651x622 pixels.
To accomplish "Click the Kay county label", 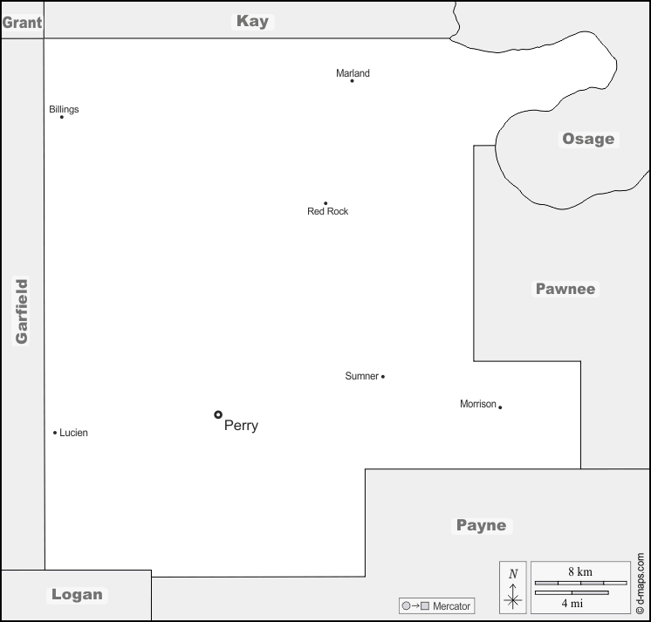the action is point(252,21).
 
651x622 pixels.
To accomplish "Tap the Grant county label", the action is point(22,23).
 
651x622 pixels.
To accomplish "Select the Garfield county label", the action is point(22,311).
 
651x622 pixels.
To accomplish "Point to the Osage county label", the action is point(588,139).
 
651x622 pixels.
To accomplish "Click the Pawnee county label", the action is point(565,289).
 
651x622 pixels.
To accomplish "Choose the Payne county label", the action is point(481,526).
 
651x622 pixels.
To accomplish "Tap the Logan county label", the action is point(77,595).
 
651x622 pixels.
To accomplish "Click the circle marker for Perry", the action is point(218,414).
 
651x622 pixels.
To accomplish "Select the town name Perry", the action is point(241,426).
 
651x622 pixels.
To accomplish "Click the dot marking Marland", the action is point(352,81).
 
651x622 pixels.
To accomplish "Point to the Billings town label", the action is point(64,110).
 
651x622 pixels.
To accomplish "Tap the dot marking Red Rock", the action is point(325,203).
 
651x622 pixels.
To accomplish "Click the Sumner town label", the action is point(361,376).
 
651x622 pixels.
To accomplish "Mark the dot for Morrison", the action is point(500,407).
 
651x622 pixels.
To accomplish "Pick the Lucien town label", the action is point(73,433).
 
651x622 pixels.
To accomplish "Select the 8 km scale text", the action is point(580,571).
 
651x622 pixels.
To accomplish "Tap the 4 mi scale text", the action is point(572,604).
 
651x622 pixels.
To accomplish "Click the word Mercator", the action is point(451,606).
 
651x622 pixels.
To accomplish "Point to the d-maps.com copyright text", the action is point(641,583).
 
